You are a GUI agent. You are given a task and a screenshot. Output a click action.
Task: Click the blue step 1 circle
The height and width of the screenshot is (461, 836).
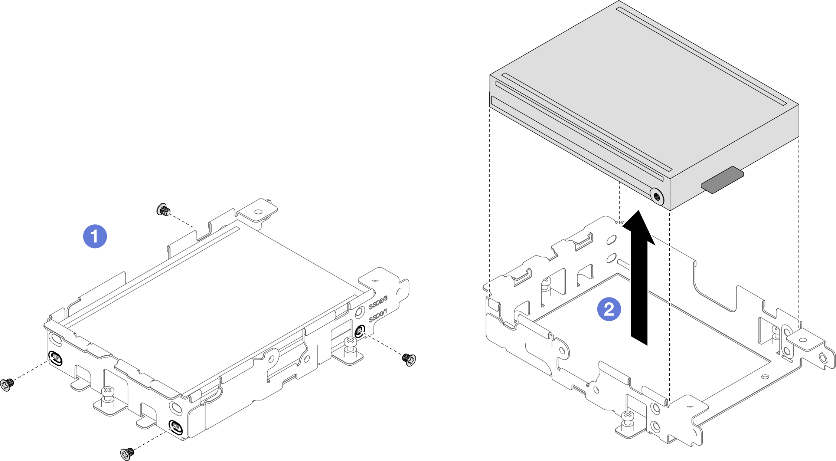(95, 236)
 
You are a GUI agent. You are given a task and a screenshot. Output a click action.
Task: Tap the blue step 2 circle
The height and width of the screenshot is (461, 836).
(609, 309)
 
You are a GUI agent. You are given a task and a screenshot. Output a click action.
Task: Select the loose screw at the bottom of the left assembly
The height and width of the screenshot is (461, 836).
(127, 453)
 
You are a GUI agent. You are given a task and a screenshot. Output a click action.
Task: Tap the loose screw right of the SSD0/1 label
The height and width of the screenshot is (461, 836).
(409, 359)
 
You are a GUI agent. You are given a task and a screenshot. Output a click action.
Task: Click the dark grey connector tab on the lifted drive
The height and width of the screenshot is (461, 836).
(722, 180)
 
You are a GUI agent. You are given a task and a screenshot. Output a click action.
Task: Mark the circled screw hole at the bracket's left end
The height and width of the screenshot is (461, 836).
(55, 358)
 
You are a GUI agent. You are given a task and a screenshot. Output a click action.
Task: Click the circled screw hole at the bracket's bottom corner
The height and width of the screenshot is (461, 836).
(175, 428)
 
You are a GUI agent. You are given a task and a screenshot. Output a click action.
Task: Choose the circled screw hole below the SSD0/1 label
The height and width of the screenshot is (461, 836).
(360, 331)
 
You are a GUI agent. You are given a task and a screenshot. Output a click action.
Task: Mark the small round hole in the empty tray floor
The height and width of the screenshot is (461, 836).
(765, 376)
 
